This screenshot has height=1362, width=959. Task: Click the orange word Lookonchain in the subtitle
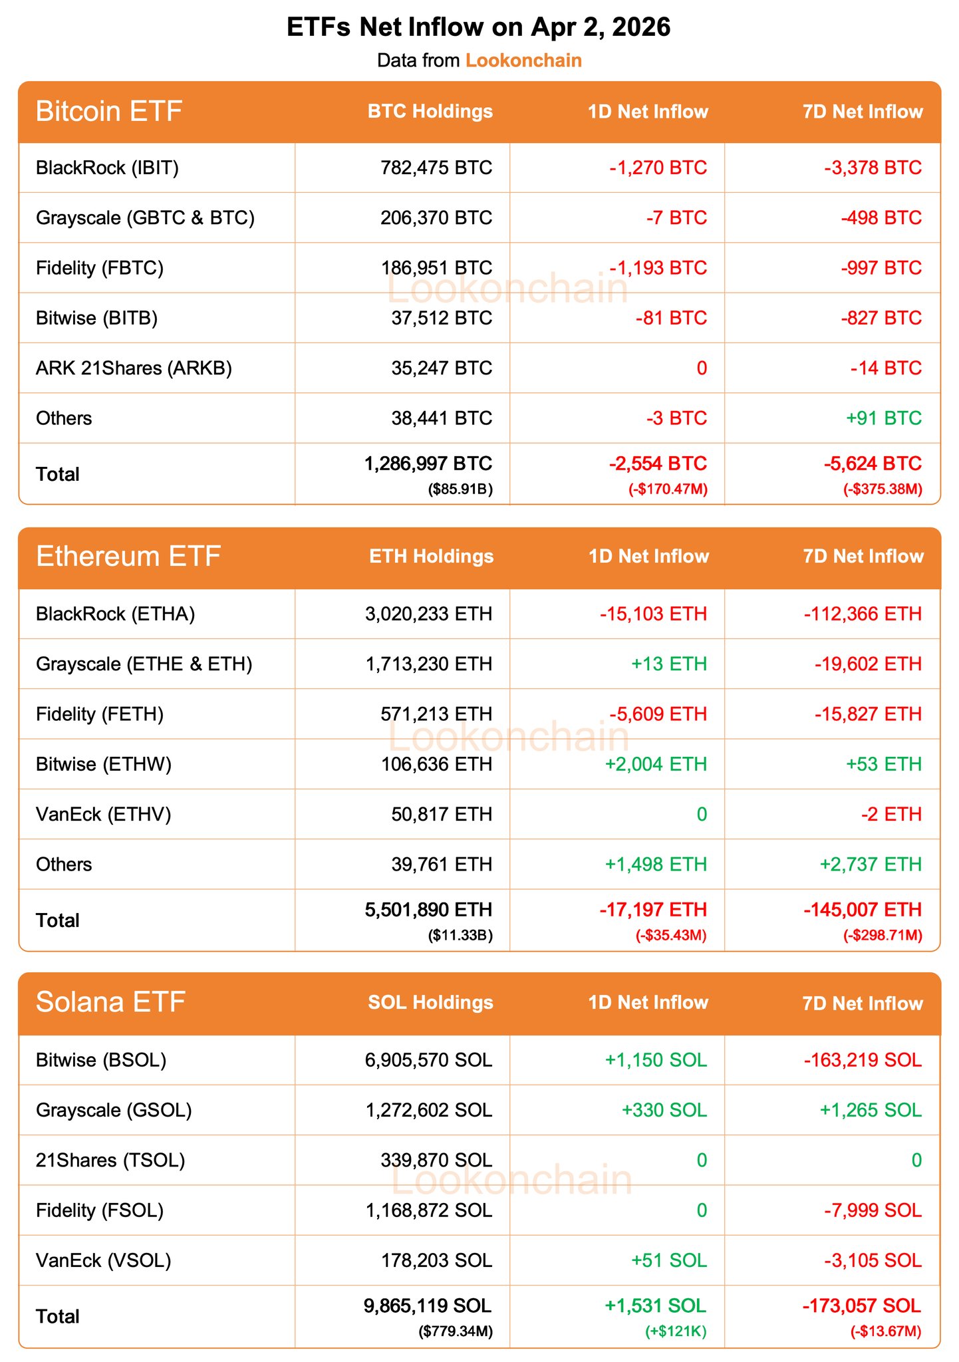pyautogui.click(x=523, y=61)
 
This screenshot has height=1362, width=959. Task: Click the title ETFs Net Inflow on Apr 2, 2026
pyautogui.click(x=479, y=27)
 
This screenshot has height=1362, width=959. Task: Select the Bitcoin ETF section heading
pyautogui.click(x=109, y=111)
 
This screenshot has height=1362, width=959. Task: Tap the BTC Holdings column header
pyautogui.click(x=430, y=111)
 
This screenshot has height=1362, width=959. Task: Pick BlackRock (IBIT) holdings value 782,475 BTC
pyautogui.click(x=436, y=168)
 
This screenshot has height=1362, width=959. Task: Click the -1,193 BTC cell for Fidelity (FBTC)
pyautogui.click(x=658, y=268)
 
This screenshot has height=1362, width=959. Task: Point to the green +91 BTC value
pyautogui.click(x=883, y=418)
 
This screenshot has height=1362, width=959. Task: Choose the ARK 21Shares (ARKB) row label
pyautogui.click(x=134, y=368)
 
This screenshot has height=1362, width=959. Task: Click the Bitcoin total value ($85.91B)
pyautogui.click(x=460, y=490)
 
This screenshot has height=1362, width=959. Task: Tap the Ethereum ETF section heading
pyautogui.click(x=128, y=557)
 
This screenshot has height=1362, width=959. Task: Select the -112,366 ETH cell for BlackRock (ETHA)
pyautogui.click(x=863, y=614)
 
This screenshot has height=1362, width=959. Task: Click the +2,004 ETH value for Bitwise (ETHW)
pyautogui.click(x=656, y=764)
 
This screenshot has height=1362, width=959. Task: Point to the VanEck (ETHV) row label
pyautogui.click(x=104, y=814)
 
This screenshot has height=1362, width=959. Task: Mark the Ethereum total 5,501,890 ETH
pyautogui.click(x=429, y=910)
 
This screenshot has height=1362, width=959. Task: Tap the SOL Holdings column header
pyautogui.click(x=430, y=1003)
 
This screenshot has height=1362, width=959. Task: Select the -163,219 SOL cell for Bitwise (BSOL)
pyautogui.click(x=863, y=1060)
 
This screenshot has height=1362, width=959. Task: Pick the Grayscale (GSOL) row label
pyautogui.click(x=114, y=1110)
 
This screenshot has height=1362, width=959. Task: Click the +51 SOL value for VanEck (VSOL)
pyautogui.click(x=669, y=1260)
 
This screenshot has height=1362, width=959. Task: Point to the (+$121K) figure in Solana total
pyautogui.click(x=676, y=1331)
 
